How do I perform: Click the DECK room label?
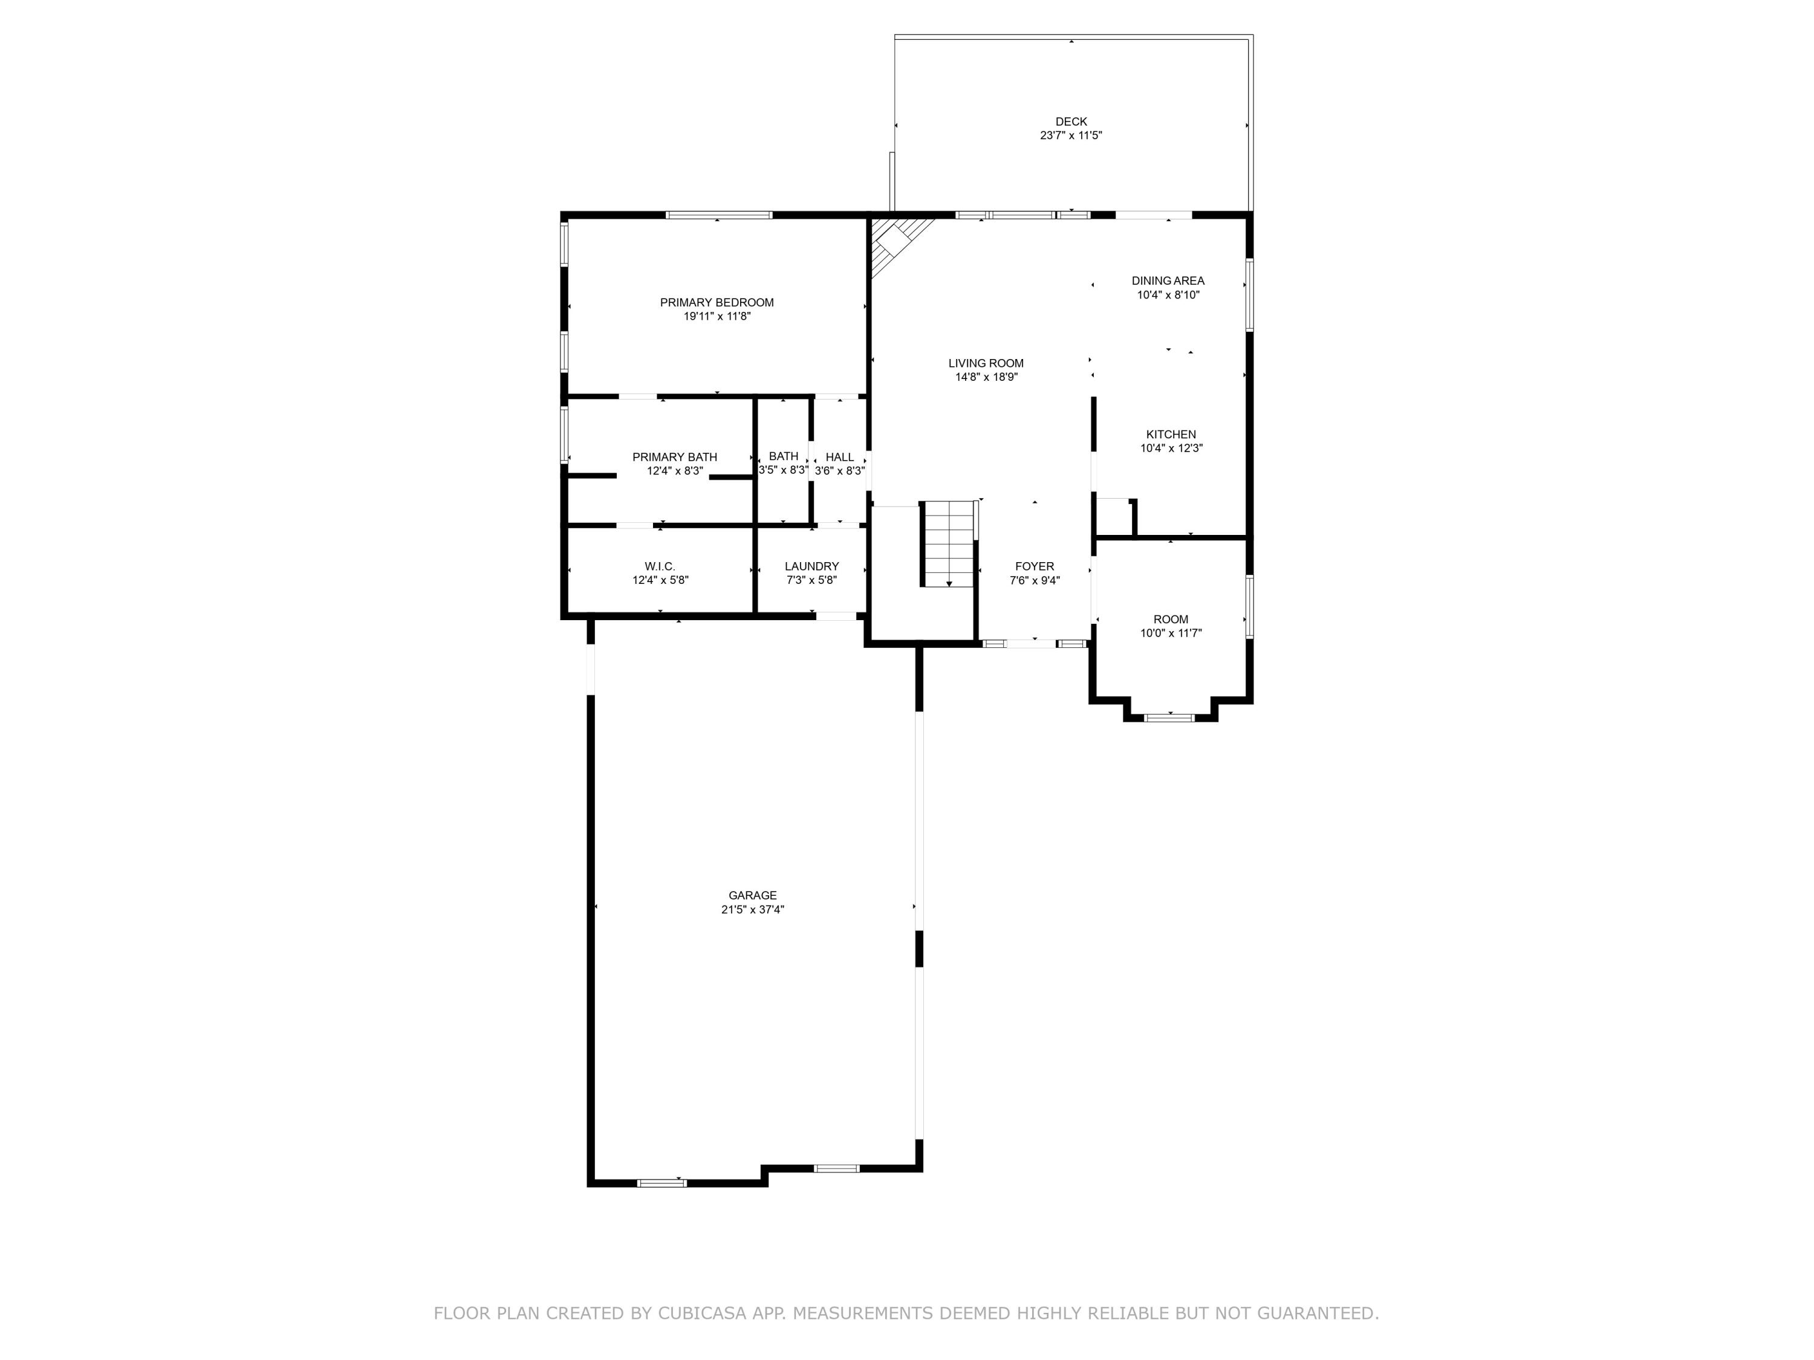coord(1070,121)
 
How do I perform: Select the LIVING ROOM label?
coord(986,363)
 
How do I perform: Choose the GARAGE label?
coord(752,895)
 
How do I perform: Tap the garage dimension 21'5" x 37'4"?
coord(752,909)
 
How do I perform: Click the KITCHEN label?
coord(1170,435)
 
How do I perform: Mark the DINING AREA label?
coord(1168,280)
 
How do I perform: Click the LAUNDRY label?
coord(811,566)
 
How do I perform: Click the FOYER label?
coord(1034,566)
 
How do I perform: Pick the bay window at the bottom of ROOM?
coord(1169,717)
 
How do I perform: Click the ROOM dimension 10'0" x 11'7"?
coord(1170,633)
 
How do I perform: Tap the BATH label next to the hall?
coord(783,456)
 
